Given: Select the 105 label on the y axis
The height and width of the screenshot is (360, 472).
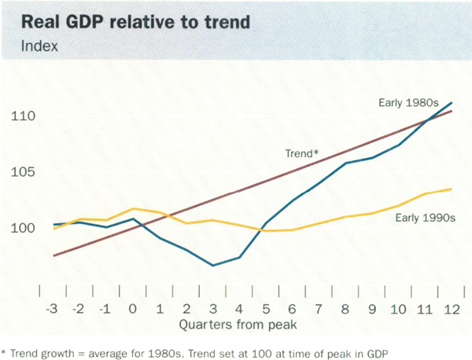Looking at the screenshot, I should [x=24, y=172].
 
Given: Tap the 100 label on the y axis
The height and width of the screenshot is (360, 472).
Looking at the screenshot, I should [x=24, y=228].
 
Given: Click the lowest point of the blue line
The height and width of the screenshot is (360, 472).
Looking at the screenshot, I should [x=212, y=266].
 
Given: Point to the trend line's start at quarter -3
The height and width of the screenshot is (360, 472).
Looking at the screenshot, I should [x=53, y=255].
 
